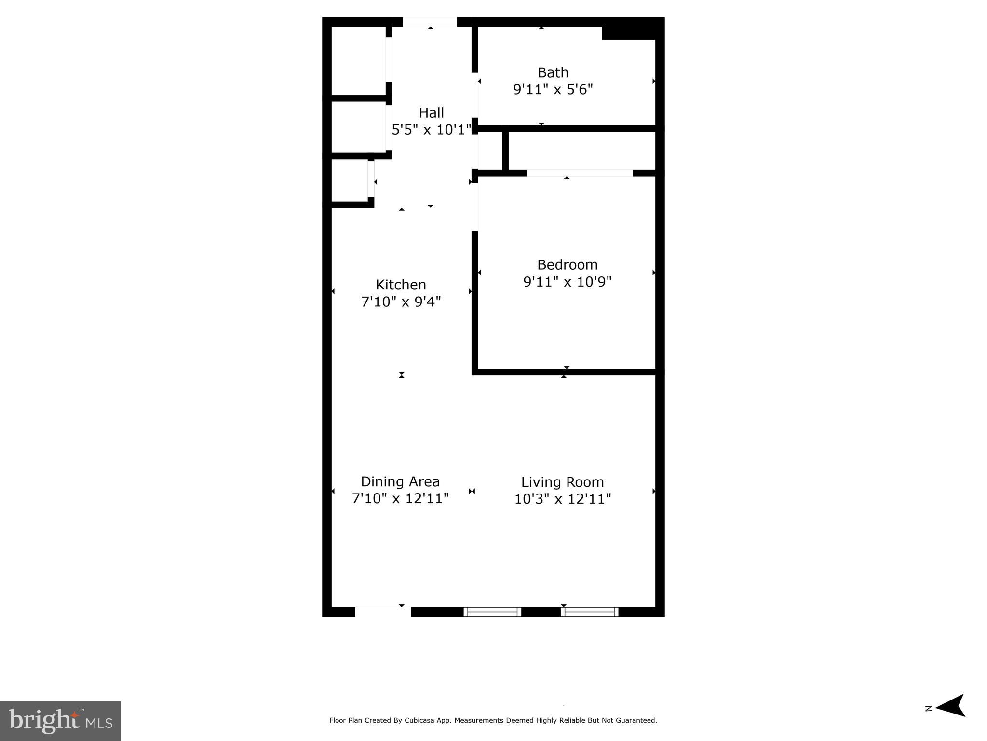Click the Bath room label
(553, 72)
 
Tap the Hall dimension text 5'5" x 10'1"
(431, 130)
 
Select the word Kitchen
(401, 285)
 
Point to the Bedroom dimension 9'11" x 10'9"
(567, 282)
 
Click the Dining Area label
(400, 481)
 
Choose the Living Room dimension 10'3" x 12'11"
(562, 499)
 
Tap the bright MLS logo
(60, 721)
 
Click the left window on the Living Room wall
(492, 612)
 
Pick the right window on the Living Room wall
(590, 612)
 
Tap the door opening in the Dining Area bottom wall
(383, 612)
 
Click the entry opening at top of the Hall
(430, 22)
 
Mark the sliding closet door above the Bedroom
(580, 173)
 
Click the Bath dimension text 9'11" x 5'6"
(553, 90)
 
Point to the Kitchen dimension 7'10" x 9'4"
(401, 302)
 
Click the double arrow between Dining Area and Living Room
(472, 491)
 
